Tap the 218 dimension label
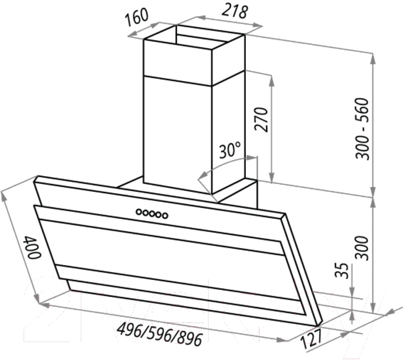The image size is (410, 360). tap(235, 12)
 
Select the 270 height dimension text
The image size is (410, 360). tap(262, 119)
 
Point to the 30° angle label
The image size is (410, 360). tap(230, 150)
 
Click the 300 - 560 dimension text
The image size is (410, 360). tap(362, 129)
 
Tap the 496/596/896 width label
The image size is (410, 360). tap(160, 334)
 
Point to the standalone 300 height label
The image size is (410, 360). tap(362, 248)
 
